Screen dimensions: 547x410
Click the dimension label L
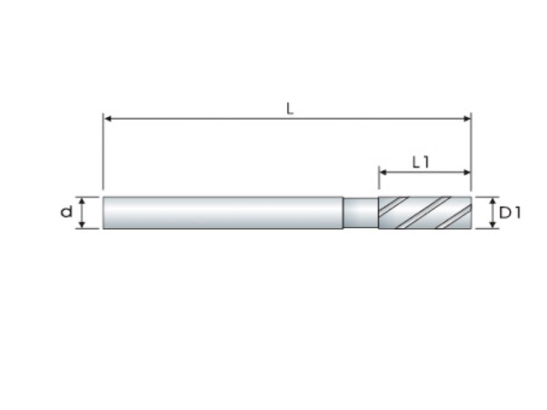pos(290,108)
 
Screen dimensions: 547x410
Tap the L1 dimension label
pos(421,162)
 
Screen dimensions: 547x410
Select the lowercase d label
pos(67,211)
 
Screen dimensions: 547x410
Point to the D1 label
pos(510,213)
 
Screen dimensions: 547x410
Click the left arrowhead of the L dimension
pos(108,119)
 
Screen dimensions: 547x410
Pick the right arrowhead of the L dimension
pos(467,119)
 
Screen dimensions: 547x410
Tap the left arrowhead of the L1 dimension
pos(383,172)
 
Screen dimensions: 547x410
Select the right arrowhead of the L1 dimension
pos(467,172)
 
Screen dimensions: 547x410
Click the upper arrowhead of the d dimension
pos(82,201)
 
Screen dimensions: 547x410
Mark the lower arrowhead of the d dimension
pos(82,225)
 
